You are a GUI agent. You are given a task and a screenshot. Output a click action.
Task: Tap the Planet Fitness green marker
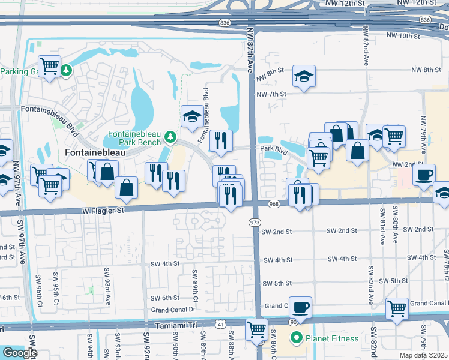pos(295,338)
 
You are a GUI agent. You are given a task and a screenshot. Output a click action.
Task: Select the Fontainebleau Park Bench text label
pos(134,138)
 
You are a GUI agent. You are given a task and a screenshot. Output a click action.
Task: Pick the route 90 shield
pos(294,322)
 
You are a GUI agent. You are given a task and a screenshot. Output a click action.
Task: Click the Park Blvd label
pos(271,148)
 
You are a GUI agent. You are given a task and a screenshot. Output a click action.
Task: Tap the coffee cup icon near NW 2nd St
pos(424,175)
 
